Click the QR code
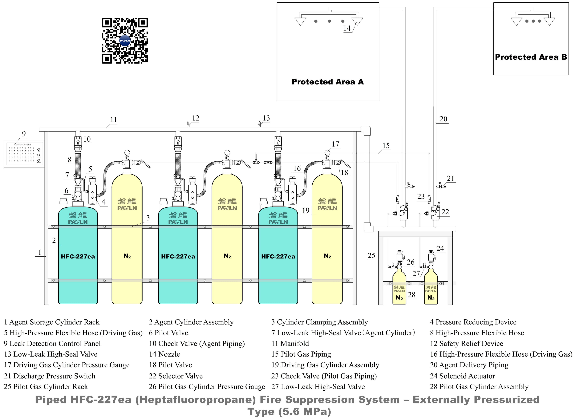click(x=125, y=41)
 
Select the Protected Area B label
click(x=531, y=57)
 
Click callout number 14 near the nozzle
click(x=347, y=28)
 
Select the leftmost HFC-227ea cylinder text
click(x=78, y=257)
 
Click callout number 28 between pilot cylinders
click(x=411, y=295)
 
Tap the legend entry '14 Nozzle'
click(x=164, y=354)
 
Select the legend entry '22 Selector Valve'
click(x=176, y=376)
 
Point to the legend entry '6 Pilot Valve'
click(x=168, y=333)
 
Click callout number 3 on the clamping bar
click(x=148, y=218)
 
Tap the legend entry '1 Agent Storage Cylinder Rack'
click(x=52, y=322)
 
